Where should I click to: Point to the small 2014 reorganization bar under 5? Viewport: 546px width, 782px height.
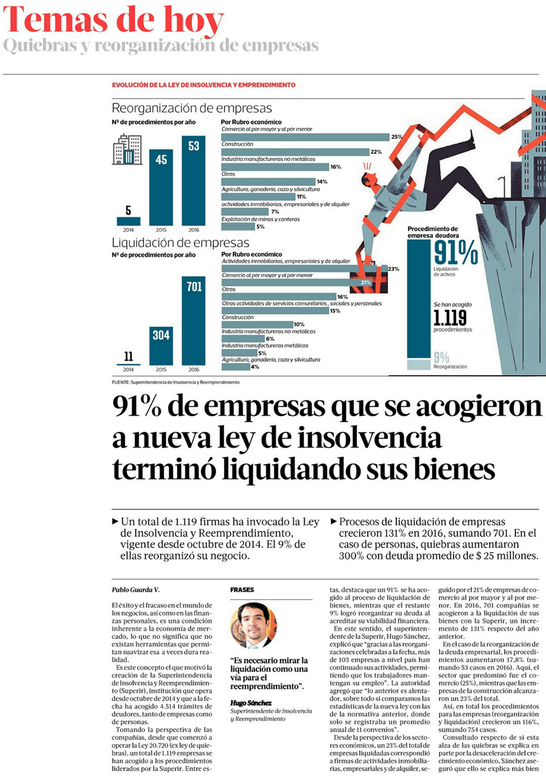pos(128,221)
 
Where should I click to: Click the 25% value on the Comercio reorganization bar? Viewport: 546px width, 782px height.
pos(396,137)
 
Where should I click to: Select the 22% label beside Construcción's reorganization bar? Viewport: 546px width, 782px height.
pos(376,152)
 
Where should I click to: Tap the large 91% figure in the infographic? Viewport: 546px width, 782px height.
pos(456,253)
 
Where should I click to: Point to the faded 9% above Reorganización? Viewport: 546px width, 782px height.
pos(441,357)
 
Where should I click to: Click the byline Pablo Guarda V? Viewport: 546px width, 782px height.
pos(136,590)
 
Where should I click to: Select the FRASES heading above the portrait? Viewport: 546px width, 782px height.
pos(242,590)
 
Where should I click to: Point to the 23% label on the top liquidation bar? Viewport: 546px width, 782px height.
pos(393,269)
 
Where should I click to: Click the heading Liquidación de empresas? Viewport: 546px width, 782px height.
pos(180,243)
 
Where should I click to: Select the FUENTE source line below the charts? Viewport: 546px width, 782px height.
pos(175,382)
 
